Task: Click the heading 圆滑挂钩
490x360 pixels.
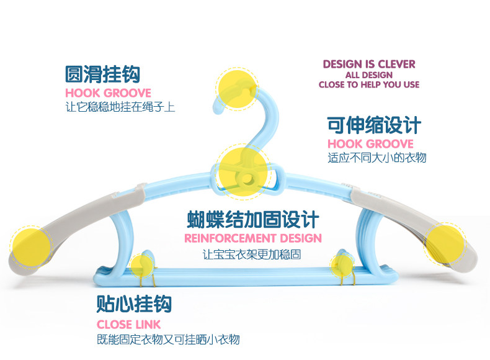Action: [103, 74]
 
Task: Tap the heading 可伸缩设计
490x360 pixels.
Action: [374, 125]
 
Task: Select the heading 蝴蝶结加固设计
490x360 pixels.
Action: [253, 219]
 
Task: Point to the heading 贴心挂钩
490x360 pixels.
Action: [134, 304]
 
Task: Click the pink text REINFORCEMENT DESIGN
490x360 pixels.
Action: [253, 238]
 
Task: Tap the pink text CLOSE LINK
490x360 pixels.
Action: [128, 324]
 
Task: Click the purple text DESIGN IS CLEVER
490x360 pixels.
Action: [369, 64]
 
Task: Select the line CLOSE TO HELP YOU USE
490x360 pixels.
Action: [369, 84]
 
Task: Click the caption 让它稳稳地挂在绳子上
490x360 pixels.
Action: [120, 107]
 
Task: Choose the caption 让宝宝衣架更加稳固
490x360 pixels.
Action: [252, 254]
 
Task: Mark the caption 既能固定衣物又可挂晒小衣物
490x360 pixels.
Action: [168, 340]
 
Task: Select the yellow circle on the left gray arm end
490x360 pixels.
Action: [30, 244]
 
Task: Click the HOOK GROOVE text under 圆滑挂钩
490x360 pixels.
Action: [108, 93]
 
